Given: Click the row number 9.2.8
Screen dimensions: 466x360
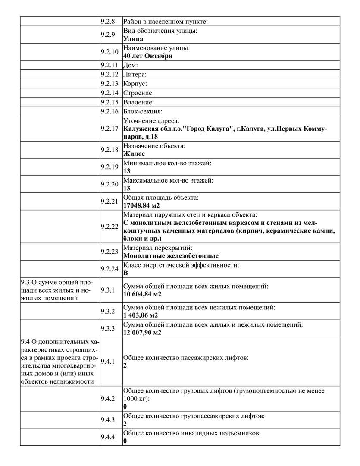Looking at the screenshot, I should click(109, 22).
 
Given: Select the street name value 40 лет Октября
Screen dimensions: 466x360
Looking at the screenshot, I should click(147, 56).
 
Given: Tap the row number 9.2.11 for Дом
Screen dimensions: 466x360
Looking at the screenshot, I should click(109, 65).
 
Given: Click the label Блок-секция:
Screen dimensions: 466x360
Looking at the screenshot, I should click(140, 112).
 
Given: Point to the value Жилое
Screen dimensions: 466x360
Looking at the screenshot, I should click(134, 154).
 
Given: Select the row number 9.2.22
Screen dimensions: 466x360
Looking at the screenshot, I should click(109, 226).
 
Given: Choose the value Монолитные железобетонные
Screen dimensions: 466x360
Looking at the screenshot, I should click(171, 255).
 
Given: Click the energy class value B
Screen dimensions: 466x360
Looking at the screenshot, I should click(125, 273).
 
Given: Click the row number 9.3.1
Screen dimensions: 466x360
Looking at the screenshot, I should click(108, 290).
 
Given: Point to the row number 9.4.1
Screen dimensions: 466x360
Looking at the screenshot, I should click(108, 362).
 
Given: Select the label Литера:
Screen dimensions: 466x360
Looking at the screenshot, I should click(135, 75).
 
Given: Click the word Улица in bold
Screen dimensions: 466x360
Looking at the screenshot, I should click(133, 38).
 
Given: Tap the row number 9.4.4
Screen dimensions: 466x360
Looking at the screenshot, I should click(108, 437).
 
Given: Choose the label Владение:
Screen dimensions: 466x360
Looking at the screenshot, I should click(138, 103).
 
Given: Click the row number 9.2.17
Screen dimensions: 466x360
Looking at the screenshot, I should click(109, 129).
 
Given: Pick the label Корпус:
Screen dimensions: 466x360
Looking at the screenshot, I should click(135, 84).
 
